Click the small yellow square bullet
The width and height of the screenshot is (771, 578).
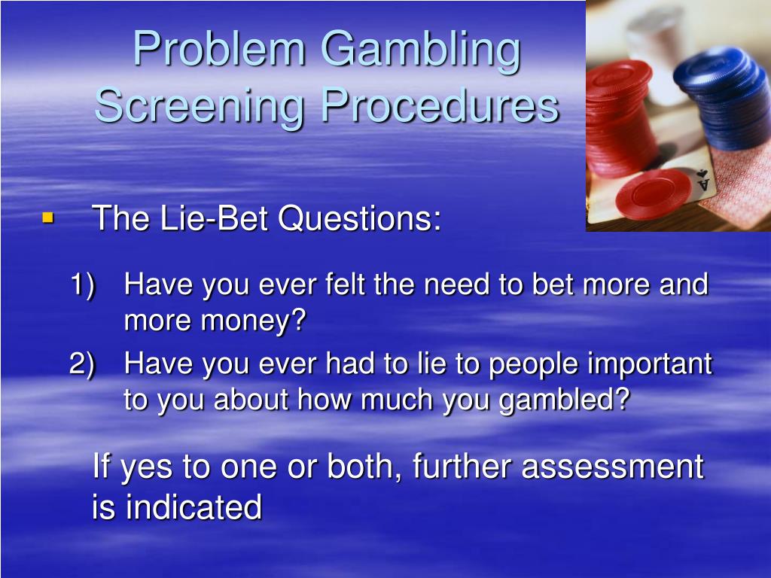[48, 219]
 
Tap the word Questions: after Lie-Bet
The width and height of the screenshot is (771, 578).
[360, 219]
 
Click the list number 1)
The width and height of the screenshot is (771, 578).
[84, 285]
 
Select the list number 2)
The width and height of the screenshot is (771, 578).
[84, 364]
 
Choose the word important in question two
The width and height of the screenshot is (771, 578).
[649, 364]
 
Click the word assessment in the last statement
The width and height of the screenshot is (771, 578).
[612, 467]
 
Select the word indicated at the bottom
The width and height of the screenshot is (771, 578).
[194, 507]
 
